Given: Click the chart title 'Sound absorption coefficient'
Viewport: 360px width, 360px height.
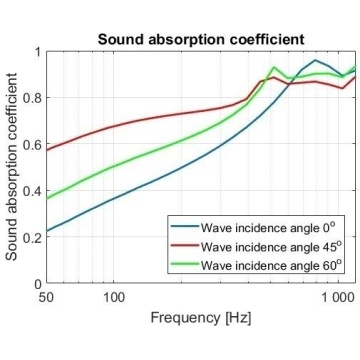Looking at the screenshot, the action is [201, 40].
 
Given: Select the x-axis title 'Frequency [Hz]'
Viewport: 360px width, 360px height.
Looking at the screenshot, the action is [201, 318].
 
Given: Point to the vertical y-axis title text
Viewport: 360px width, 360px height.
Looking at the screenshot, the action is [12, 167].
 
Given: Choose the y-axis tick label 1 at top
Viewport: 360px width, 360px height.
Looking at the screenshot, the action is [37, 52].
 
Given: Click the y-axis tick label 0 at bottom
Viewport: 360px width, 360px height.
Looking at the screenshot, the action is [37, 284].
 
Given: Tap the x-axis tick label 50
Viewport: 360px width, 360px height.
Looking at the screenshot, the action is [46, 296].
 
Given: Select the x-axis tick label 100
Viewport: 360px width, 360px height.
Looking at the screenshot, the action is [114, 296].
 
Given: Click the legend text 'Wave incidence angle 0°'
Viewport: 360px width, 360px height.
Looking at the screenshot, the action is [268, 228].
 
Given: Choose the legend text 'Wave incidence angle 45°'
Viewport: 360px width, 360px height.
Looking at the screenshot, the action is [271, 247].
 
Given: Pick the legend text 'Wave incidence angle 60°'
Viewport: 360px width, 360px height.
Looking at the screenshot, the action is [271, 265].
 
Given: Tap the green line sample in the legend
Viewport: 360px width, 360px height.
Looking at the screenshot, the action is [185, 263].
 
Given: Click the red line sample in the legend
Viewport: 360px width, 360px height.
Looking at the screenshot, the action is [185, 245].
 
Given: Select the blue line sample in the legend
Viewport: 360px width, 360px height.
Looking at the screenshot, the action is [185, 226].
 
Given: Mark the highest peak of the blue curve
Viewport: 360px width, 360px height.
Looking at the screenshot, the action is [315, 60].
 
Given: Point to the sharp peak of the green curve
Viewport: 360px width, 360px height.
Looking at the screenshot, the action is [274, 67].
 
